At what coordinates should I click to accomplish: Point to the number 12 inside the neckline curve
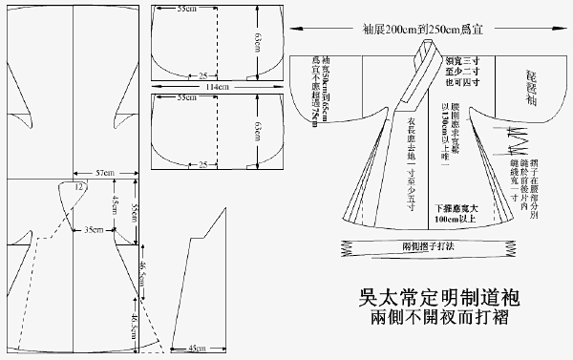[x=77, y=188]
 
